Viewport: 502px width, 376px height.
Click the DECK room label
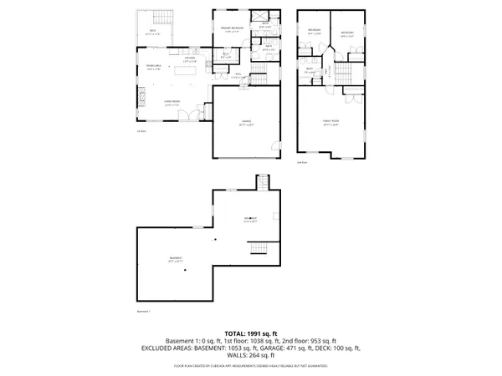pyautogui.click(x=153, y=32)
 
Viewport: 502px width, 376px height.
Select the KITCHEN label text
pyautogui.click(x=189, y=59)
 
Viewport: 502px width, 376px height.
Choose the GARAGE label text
pyautogui.click(x=247, y=122)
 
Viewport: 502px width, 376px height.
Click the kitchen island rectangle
pyautogui.click(x=186, y=72)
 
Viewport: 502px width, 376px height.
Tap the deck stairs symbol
pyautogui.click(x=162, y=17)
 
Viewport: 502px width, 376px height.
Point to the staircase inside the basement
pyautogui.click(x=259, y=247)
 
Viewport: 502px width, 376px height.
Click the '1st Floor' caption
pyautogui.click(x=141, y=131)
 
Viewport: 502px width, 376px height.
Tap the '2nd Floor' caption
pyautogui.click(x=302, y=162)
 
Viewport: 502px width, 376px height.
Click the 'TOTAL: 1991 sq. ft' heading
pyautogui.click(x=251, y=334)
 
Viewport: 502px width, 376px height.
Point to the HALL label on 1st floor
pyautogui.click(x=238, y=76)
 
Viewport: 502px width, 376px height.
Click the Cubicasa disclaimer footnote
pyautogui.click(x=251, y=365)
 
